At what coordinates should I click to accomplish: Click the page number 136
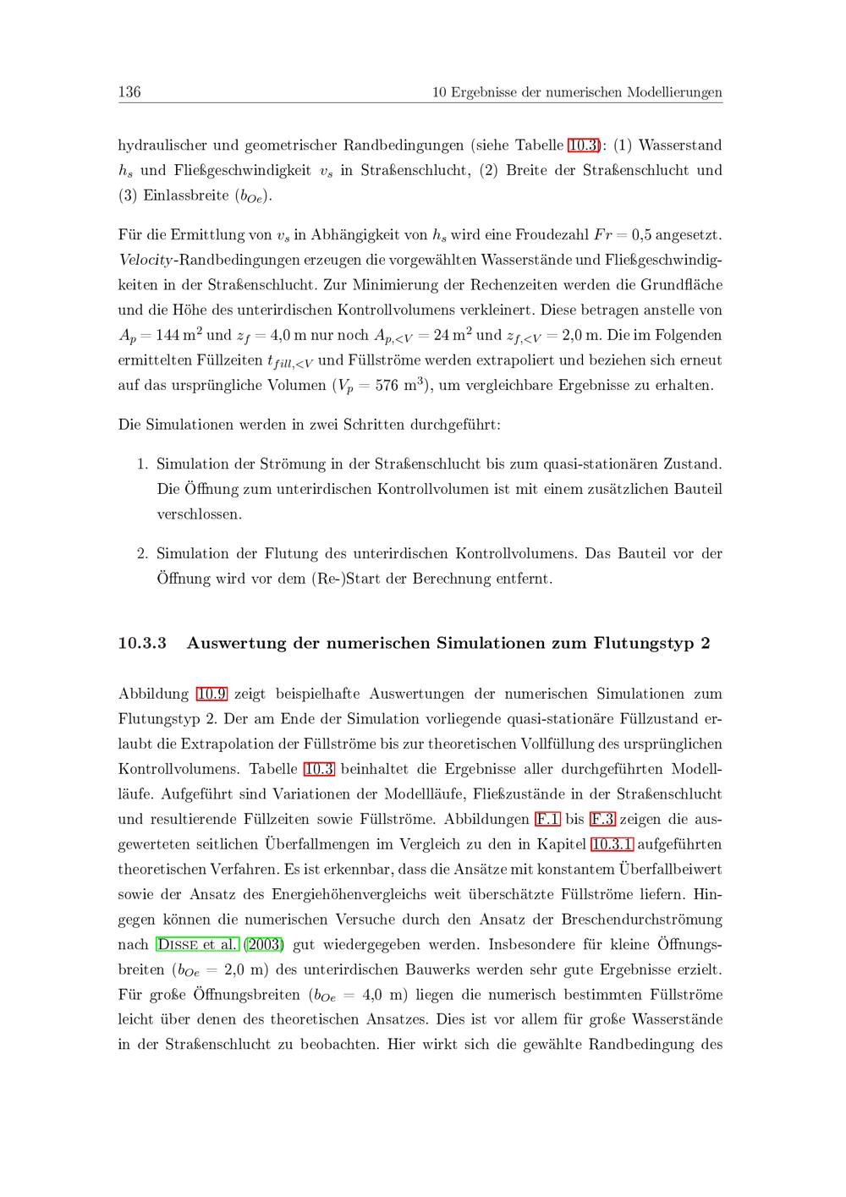(129, 91)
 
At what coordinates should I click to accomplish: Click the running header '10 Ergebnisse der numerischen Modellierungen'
(577, 92)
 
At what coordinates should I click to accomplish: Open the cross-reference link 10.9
(211, 694)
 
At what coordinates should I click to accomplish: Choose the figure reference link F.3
(602, 819)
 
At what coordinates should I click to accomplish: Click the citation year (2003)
(263, 944)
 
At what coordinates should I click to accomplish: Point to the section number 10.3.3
(142, 643)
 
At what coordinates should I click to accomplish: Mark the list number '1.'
(143, 464)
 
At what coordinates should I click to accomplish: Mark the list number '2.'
(143, 554)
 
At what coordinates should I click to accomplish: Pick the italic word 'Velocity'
(145, 260)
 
